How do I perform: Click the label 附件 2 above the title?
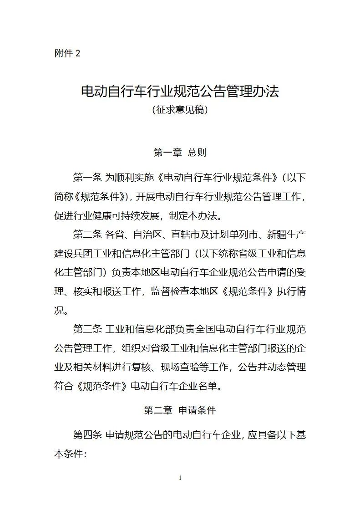tap(67, 53)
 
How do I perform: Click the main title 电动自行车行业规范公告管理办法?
tap(180, 91)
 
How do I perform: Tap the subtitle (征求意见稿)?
tap(180, 110)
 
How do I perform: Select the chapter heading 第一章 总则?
tap(180, 153)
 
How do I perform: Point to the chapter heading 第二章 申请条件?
tap(180, 410)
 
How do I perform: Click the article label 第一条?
tap(87, 177)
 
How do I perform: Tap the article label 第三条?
tap(87, 329)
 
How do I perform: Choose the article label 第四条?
tap(87, 434)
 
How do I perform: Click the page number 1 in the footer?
tap(180, 478)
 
